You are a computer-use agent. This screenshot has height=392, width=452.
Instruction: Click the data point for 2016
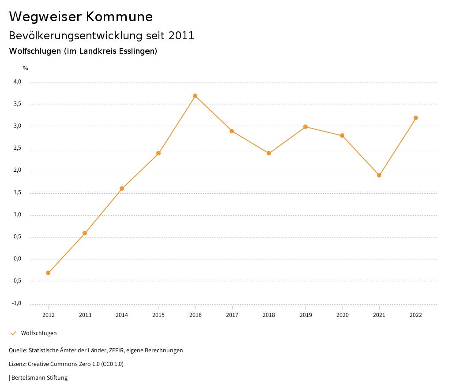(195, 96)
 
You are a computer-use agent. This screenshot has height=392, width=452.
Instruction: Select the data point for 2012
(48, 273)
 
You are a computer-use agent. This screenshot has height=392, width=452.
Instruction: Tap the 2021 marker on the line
(379, 175)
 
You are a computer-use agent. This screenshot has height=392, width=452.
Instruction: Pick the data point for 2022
(416, 118)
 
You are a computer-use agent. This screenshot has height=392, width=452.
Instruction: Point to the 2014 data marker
(122, 188)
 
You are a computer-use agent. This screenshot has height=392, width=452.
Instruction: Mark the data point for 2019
(305, 127)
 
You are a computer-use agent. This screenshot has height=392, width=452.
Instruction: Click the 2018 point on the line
(268, 153)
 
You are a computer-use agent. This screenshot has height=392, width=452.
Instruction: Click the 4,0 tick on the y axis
(17, 82)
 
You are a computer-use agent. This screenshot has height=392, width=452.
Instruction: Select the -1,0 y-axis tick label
(17, 303)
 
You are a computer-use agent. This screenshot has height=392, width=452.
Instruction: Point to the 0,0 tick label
(17, 259)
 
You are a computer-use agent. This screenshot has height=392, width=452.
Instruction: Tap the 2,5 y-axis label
(17, 148)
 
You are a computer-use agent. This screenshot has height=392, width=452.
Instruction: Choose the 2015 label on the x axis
(158, 315)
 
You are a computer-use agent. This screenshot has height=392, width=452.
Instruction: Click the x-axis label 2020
(342, 315)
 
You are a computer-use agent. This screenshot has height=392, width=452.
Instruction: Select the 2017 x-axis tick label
(232, 315)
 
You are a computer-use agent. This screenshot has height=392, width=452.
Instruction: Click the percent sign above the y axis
(26, 68)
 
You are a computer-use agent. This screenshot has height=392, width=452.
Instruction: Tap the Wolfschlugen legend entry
(39, 333)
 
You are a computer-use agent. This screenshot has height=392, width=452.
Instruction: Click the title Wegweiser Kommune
(81, 17)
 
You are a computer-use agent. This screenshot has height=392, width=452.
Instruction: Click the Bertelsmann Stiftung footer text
(39, 378)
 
